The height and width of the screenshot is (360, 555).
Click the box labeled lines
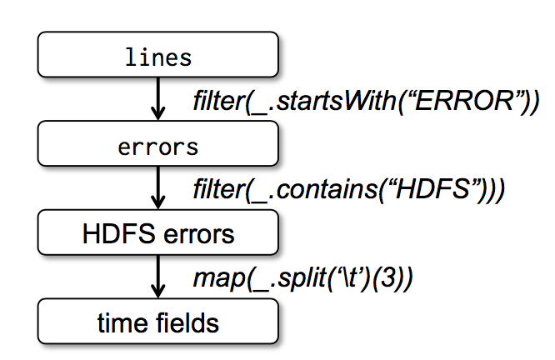pyautogui.click(x=157, y=57)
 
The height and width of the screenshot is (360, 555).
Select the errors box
pyautogui.click(x=157, y=147)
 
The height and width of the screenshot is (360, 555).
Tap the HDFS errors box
pyautogui.click(x=157, y=234)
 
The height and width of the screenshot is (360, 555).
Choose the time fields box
pyautogui.click(x=157, y=321)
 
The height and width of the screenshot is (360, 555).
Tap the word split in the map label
pyautogui.click(x=297, y=277)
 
